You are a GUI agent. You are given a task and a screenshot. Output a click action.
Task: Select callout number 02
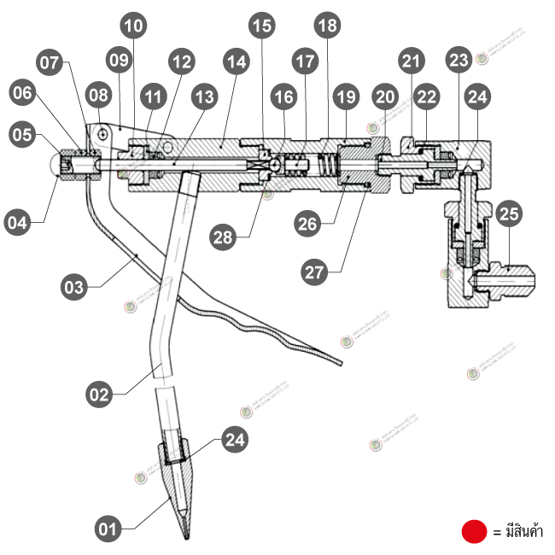point(101,394)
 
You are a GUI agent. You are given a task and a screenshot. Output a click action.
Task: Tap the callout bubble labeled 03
point(74,287)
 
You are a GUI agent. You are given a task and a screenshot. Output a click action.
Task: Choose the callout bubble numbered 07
point(50,62)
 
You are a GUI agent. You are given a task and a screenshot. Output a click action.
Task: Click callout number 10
point(133,26)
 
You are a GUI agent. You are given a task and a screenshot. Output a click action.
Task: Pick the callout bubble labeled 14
point(236,62)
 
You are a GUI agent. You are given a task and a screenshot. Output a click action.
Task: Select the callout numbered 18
point(326,26)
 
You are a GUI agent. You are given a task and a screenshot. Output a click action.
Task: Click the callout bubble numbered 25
point(510,212)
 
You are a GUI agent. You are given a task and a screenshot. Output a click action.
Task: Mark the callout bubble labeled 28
point(225,238)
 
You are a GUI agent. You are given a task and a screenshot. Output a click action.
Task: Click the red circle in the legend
point(474,531)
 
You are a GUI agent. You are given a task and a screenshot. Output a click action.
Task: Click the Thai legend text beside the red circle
point(518,532)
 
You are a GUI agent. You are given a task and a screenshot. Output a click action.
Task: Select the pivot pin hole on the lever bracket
point(102,133)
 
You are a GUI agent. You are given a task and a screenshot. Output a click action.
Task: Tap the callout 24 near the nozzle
point(236,441)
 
